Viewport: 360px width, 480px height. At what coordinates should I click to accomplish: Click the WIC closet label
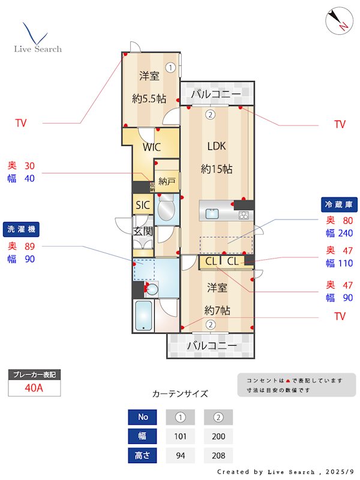[151, 147]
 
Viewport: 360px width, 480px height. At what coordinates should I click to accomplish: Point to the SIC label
[142, 205]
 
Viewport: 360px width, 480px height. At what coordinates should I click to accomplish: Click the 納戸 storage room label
[166, 181]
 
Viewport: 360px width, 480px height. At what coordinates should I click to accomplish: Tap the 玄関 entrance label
[142, 231]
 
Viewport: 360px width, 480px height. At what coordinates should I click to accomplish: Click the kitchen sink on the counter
[213, 213]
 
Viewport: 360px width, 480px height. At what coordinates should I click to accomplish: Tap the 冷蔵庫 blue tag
[340, 205]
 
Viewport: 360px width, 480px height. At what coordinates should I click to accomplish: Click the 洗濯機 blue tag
[22, 229]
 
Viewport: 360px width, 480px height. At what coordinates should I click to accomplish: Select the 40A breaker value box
[34, 388]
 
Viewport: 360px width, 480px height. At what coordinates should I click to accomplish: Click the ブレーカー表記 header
[34, 375]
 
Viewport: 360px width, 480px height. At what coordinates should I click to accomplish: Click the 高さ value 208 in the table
[218, 455]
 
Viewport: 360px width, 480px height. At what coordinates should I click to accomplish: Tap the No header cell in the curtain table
[142, 417]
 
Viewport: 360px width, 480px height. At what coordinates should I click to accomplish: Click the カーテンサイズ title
[180, 394]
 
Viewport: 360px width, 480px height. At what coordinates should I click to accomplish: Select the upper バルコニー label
[216, 95]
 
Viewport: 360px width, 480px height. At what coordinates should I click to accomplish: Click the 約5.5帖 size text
[149, 98]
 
